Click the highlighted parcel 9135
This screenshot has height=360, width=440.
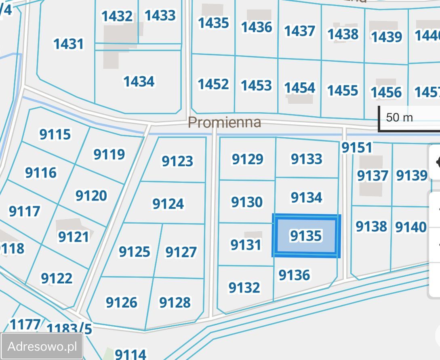306,236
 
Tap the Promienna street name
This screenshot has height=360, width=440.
225,122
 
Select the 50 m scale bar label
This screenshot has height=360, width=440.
399,117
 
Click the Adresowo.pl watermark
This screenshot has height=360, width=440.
42,346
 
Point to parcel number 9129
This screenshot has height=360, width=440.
247,159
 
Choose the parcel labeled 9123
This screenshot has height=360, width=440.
177,161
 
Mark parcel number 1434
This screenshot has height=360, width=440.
139,82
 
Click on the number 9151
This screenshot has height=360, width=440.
357,148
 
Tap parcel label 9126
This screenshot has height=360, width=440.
121,302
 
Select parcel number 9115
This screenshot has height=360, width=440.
55,134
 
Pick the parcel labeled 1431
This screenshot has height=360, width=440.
69,44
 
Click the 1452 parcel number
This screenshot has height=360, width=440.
213,84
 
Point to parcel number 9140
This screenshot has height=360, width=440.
411,227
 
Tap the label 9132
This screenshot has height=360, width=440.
244,287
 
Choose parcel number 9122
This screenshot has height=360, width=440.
57,278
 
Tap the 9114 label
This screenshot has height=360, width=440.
131,354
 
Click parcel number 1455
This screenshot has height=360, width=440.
343,90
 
